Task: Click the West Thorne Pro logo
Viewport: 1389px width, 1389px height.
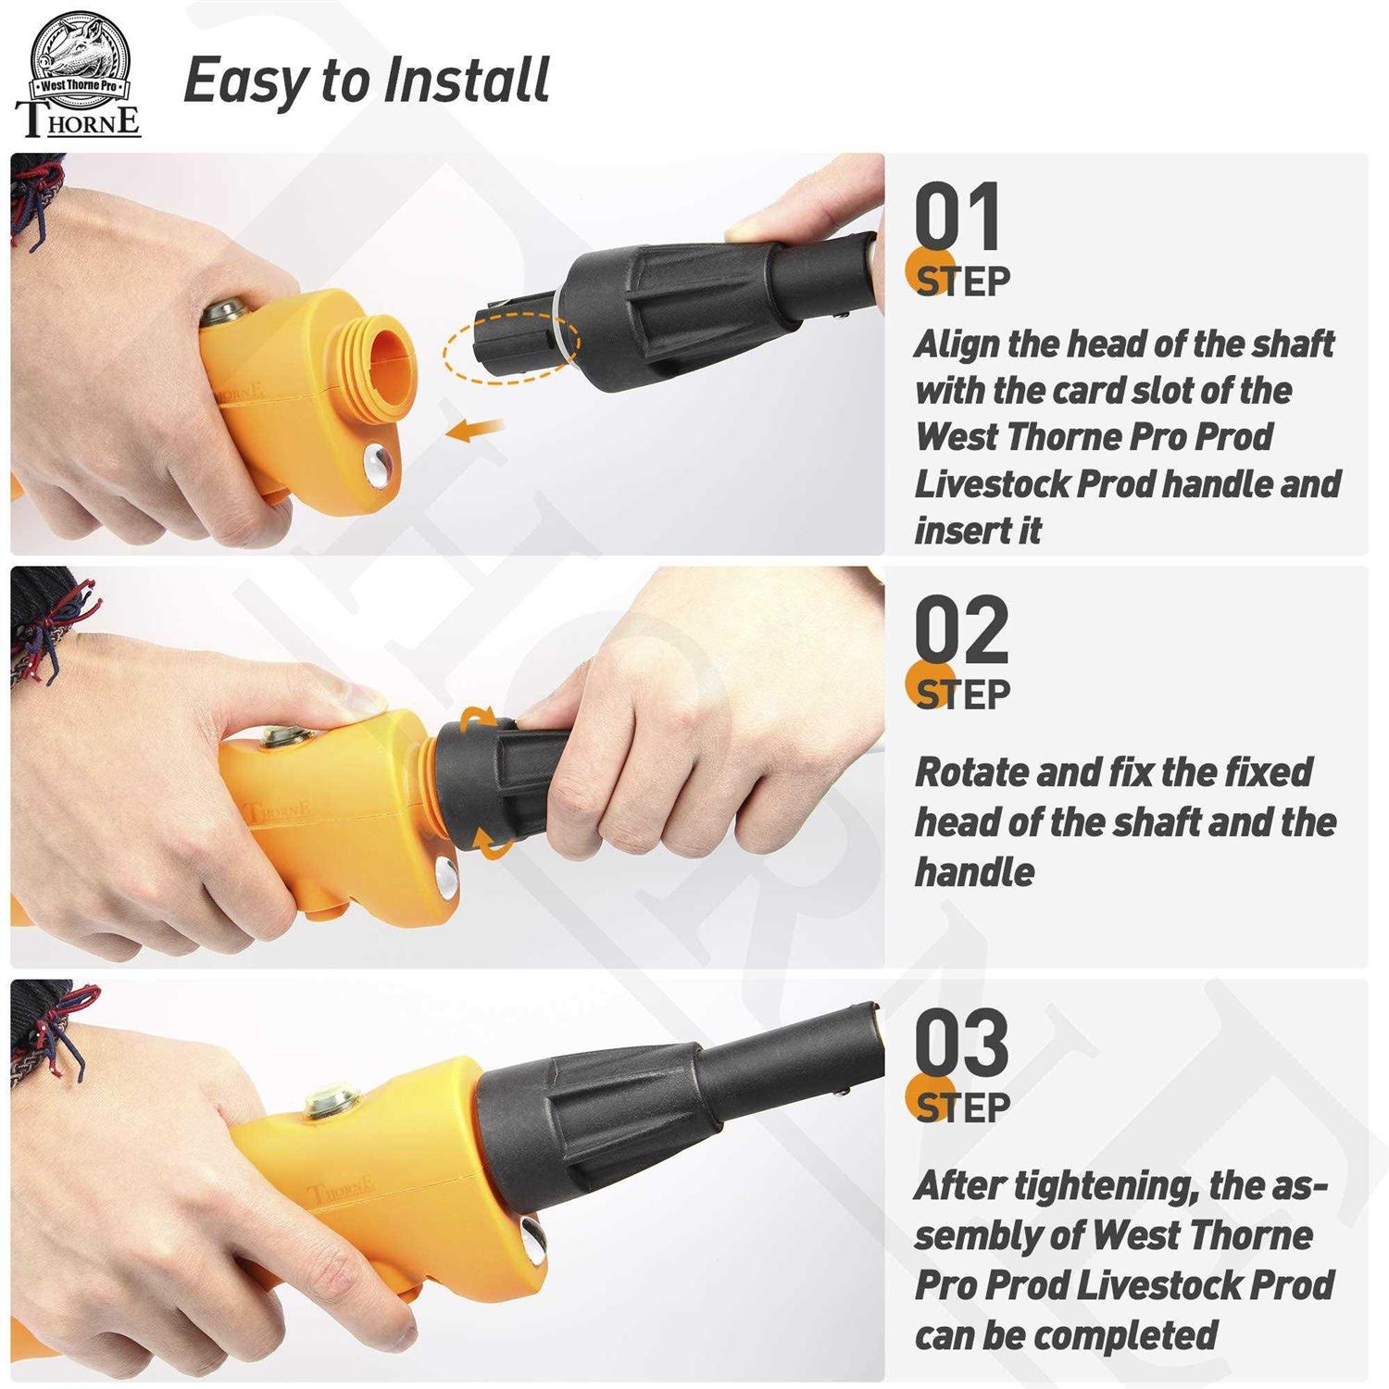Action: click(79, 77)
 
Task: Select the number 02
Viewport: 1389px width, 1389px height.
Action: click(961, 630)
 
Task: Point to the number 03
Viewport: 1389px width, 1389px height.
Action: click(961, 1043)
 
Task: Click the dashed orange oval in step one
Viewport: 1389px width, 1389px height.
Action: click(511, 345)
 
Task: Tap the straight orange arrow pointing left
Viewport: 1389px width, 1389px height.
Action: click(475, 429)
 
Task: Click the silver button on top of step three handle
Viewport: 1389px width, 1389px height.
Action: click(333, 1104)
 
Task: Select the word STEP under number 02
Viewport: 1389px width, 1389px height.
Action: click(963, 694)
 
